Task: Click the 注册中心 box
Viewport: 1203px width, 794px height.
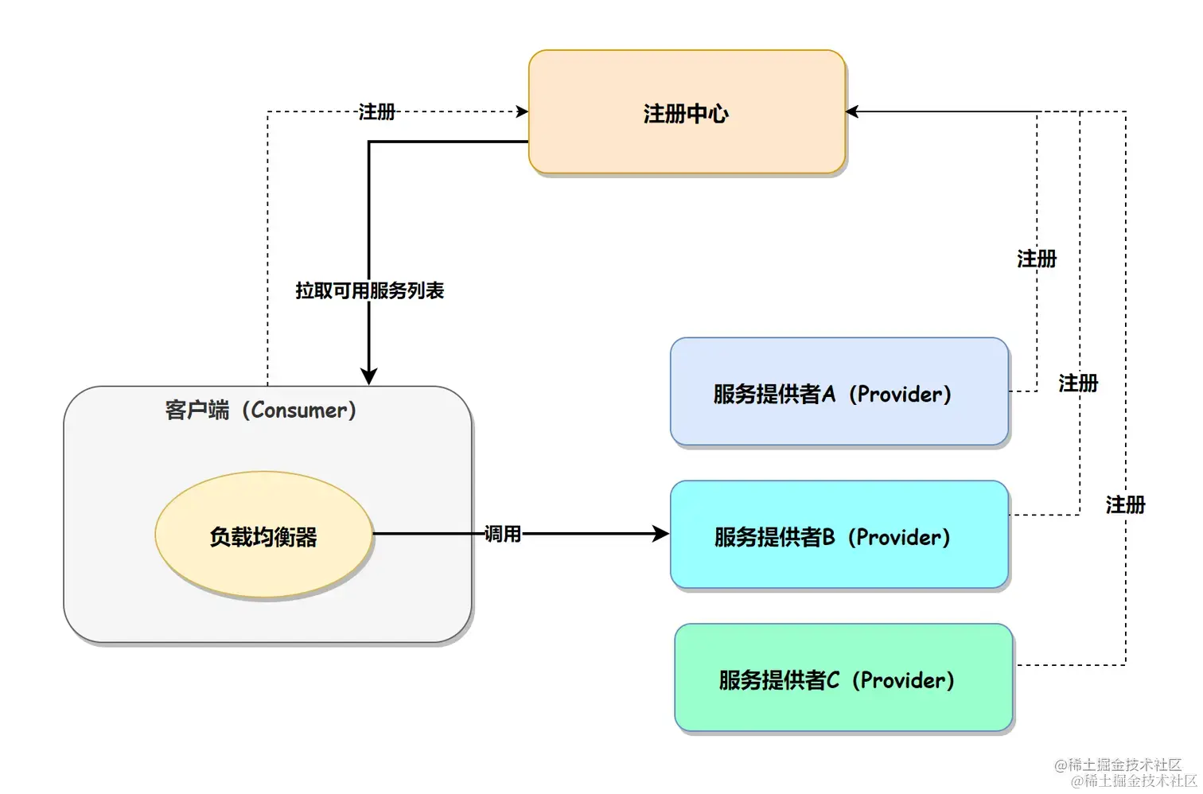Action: coord(687,112)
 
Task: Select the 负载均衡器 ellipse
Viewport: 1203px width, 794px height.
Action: coord(263,535)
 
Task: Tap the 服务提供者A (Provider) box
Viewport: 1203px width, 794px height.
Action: coord(839,391)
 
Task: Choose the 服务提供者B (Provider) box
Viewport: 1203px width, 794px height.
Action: coord(839,535)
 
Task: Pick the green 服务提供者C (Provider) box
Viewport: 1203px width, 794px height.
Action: coord(843,678)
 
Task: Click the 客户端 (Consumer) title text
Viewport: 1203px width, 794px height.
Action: coord(261,411)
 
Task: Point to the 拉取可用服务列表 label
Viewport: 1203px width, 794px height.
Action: coord(369,291)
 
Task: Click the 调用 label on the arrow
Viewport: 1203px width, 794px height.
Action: coord(503,534)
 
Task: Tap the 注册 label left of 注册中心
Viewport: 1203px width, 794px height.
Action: coord(376,112)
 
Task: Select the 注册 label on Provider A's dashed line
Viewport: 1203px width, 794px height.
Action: coord(1037,259)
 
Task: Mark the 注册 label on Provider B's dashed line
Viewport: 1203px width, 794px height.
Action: coord(1078,383)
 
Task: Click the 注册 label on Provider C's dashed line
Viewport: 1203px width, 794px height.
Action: coord(1125,504)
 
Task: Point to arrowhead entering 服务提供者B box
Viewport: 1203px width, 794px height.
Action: coord(661,534)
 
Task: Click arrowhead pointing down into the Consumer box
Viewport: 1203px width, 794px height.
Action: coord(368,376)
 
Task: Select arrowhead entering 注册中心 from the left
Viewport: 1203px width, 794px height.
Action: coord(522,111)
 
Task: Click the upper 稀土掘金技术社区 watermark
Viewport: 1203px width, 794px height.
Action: coord(1118,765)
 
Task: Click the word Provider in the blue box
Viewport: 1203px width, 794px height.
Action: coord(900,394)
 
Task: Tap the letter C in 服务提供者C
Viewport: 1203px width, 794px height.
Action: coord(832,680)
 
